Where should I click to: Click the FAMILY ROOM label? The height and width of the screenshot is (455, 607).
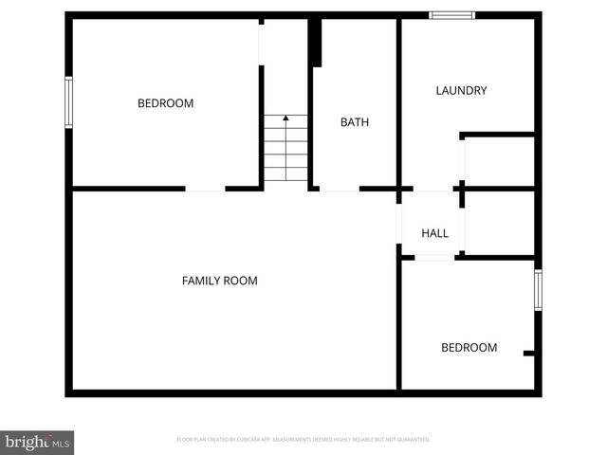tap(219, 281)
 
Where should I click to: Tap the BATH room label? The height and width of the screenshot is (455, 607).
tap(355, 122)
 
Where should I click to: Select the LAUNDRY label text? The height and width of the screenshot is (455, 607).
tap(461, 91)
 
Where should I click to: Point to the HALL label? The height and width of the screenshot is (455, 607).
tap(434, 233)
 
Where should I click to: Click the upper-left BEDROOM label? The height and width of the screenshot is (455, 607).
tap(165, 103)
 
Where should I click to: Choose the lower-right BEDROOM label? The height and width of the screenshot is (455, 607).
tap(469, 348)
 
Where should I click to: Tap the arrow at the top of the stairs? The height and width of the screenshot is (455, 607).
tap(285, 119)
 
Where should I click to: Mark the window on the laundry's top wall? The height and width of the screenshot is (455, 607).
tap(451, 15)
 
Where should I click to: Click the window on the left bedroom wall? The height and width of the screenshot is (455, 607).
tap(68, 102)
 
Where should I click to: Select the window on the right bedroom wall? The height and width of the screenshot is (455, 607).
tap(538, 290)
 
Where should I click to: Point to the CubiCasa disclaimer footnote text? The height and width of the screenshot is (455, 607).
tap(303, 440)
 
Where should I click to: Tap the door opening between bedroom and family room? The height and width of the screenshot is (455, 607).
tap(205, 189)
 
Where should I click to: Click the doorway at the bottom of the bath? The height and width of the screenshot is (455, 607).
tap(339, 189)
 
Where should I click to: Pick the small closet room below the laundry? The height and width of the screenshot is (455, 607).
tap(499, 161)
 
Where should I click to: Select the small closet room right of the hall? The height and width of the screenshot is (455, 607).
tap(499, 222)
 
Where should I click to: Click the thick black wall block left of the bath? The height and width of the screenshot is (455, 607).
tap(317, 43)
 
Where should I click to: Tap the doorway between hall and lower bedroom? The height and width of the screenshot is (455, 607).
tap(434, 256)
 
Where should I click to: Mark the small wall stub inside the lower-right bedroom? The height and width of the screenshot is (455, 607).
tap(529, 354)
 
